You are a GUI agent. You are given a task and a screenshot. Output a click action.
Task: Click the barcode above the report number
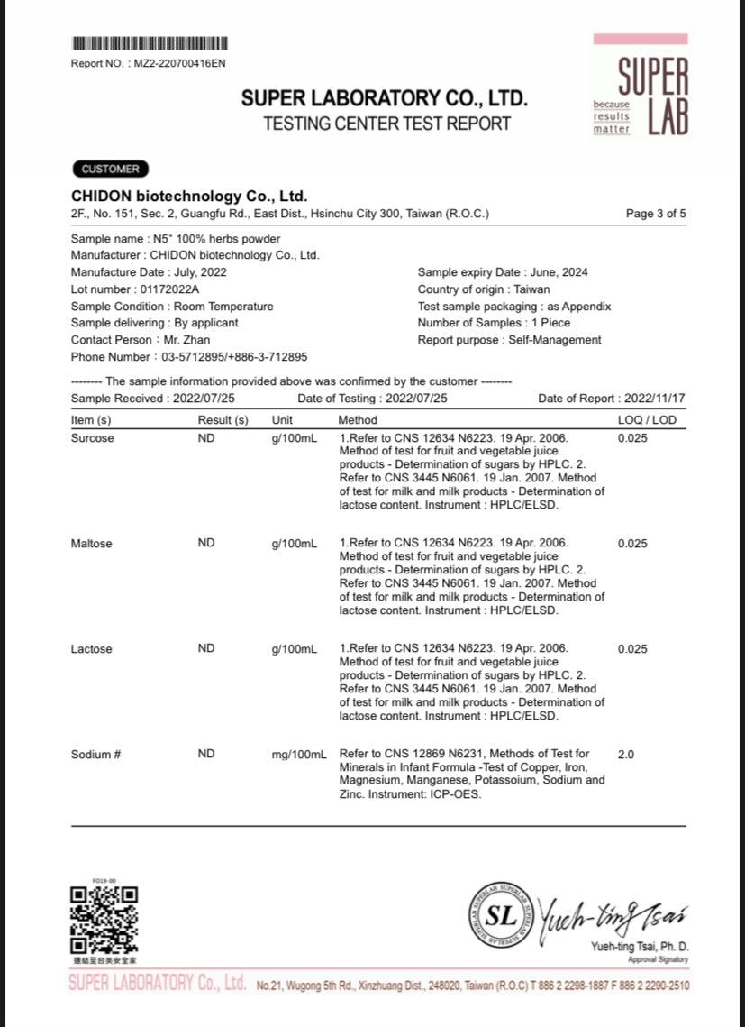(149, 42)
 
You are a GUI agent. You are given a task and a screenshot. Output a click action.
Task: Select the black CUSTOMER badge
(110, 169)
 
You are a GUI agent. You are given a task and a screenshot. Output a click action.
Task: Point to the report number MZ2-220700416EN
(180, 63)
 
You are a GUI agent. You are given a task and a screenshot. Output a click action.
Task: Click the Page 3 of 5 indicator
(656, 214)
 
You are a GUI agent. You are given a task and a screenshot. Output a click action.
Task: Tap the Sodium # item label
(95, 754)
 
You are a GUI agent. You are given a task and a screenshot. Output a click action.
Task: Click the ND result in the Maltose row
(206, 544)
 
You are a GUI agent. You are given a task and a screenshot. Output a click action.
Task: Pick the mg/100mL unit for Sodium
(298, 754)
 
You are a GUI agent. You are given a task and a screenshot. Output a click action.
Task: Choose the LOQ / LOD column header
(646, 419)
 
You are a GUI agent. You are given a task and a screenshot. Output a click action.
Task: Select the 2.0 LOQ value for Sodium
(626, 754)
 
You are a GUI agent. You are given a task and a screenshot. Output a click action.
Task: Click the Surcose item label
(93, 438)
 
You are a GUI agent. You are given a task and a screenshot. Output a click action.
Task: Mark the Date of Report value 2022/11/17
(655, 398)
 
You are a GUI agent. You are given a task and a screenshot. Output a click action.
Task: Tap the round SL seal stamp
(502, 915)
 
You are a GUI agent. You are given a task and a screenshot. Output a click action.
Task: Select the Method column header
(358, 419)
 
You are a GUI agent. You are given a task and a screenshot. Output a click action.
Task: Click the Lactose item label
(92, 649)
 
